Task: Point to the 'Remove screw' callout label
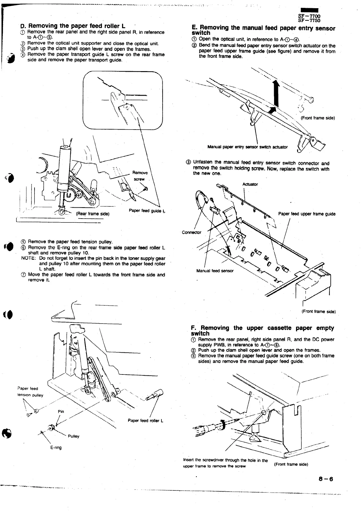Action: pos(140,176)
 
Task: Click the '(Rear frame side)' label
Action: pos(92,214)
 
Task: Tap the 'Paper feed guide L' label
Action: pos(147,210)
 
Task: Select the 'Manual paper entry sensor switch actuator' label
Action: pos(247,147)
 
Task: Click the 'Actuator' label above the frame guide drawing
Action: pos(250,184)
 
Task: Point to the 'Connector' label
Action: pos(191,232)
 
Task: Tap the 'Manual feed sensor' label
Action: pos(215,271)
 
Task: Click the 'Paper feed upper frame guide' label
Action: pos(306,214)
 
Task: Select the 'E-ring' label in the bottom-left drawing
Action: pos(56,447)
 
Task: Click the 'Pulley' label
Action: pos(74,436)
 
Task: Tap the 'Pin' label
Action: pos(61,411)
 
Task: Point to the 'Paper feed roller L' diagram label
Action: pos(145,420)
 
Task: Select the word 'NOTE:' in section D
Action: pos(29,258)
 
